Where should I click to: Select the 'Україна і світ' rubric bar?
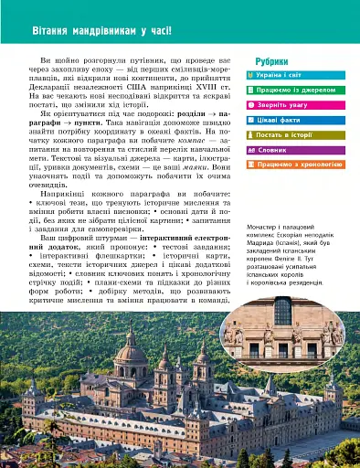pos(291,75)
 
